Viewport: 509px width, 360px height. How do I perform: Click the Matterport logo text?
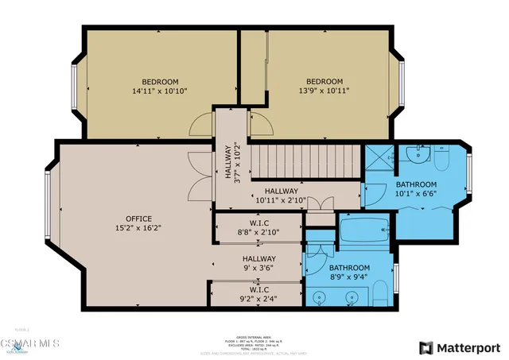pyautogui.click(x=467, y=346)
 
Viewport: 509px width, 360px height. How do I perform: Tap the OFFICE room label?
pyautogui.click(x=138, y=219)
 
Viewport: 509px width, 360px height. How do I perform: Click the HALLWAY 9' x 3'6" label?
pyautogui.click(x=259, y=264)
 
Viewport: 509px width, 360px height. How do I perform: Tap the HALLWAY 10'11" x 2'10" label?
pyautogui.click(x=282, y=196)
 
